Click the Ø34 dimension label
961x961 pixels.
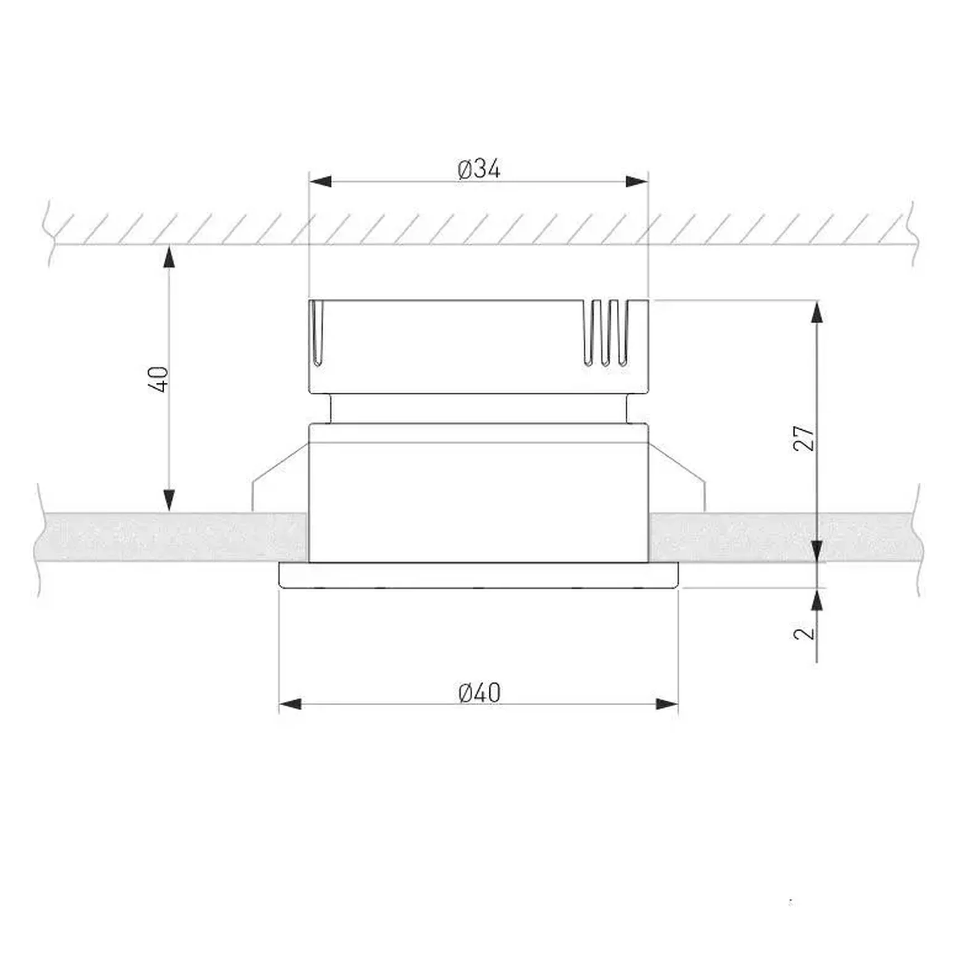tap(479, 169)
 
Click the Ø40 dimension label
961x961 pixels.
tap(479, 693)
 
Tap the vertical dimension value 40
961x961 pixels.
tap(160, 379)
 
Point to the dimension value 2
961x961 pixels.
tap(805, 632)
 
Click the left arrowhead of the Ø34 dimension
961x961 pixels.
tap(320, 181)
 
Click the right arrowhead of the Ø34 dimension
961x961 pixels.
tap(637, 181)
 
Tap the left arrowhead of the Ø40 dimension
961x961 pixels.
tap(290, 704)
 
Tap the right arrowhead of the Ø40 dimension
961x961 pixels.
tap(667, 704)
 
